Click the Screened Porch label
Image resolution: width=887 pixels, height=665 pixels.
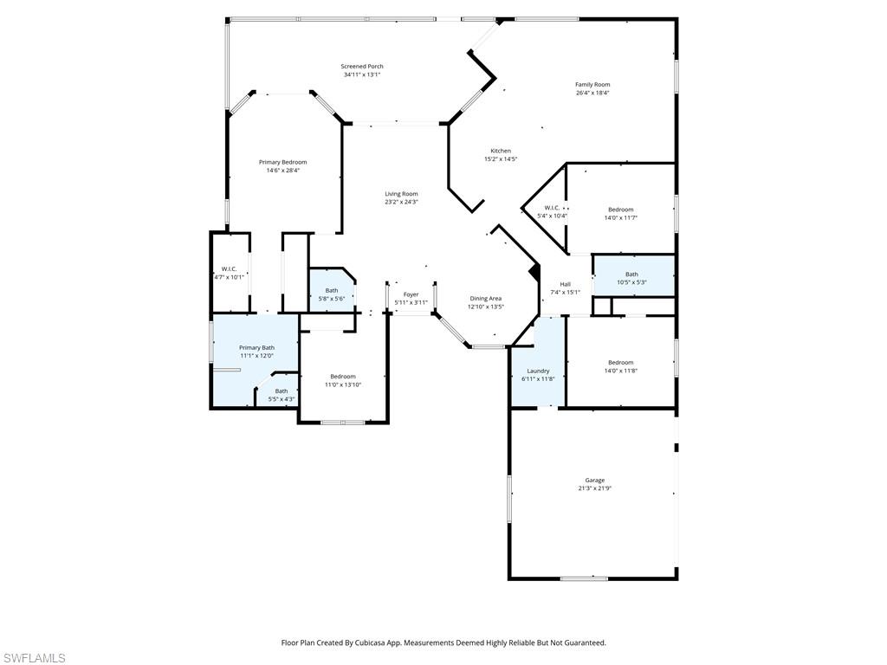coord(361,67)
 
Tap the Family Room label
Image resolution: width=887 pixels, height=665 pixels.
coord(592,85)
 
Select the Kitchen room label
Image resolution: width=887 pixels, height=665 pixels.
coord(501,151)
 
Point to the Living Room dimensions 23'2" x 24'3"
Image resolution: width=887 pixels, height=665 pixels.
coord(401,202)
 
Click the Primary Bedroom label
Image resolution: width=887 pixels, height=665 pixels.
coord(282,162)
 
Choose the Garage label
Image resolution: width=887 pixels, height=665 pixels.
coord(594,480)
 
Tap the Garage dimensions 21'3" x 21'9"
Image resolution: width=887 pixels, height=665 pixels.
coord(594,488)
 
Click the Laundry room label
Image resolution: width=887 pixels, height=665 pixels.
coord(538,371)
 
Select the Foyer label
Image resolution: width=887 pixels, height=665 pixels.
coord(411,294)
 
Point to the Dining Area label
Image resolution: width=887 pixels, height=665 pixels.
coord(485,298)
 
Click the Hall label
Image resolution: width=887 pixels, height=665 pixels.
coord(565,284)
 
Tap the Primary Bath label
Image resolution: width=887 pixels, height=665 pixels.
coord(256,347)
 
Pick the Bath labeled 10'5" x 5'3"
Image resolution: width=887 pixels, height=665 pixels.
coord(631,278)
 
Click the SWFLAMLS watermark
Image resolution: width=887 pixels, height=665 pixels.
coord(34,658)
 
